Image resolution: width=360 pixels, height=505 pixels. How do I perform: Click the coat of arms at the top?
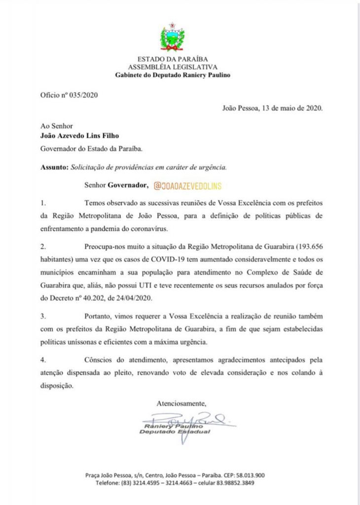click(172, 38)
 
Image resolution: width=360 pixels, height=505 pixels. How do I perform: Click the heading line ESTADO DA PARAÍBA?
click(172, 60)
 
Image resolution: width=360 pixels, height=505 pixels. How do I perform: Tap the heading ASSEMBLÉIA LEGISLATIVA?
click(172, 67)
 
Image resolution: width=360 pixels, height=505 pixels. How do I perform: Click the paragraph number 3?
click(42, 315)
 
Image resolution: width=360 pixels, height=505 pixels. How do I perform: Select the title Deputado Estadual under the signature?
click(175, 432)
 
